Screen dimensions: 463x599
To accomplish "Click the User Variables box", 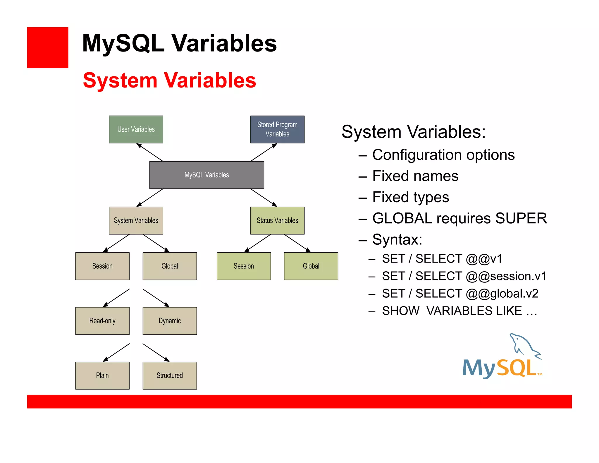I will (136, 129).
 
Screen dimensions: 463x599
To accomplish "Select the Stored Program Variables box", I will (277, 129).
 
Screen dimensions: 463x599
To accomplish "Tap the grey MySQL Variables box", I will (206, 175).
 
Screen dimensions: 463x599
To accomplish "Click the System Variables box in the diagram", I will (136, 221).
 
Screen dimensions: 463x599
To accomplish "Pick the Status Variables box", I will (277, 221).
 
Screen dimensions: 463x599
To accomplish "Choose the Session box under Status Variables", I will (244, 266).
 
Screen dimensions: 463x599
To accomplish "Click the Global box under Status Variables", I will (311, 266).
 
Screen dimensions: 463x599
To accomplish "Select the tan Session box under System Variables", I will (102, 266).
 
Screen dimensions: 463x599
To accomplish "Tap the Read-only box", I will (102, 321).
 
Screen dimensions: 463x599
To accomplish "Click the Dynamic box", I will (170, 321).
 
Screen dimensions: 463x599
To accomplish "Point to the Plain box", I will (102, 375).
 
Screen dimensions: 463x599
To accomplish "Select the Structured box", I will (170, 375).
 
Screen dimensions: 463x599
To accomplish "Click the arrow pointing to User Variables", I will (150, 152).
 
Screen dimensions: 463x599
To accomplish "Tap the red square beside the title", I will (48, 48).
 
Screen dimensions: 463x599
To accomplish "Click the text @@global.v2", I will (502, 294).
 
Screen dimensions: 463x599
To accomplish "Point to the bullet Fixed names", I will (415, 176).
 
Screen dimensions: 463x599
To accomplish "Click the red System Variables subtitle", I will (170, 80).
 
